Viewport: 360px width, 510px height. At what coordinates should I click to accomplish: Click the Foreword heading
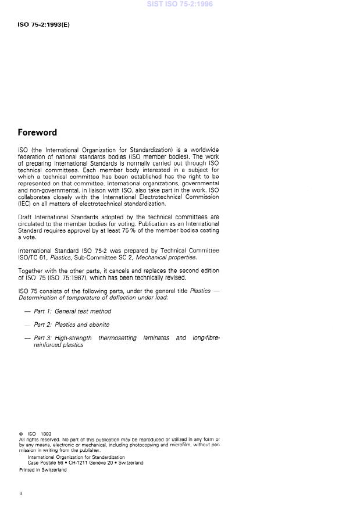tap(37, 133)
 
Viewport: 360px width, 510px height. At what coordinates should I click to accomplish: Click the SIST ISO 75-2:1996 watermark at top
tap(180, 4)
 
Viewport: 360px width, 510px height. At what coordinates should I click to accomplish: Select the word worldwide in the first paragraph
tap(204, 150)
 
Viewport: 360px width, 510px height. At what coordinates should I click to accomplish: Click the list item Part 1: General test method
tap(72, 312)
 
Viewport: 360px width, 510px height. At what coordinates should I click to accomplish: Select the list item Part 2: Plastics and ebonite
tap(72, 325)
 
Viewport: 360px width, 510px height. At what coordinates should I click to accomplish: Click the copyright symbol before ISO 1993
tap(20, 434)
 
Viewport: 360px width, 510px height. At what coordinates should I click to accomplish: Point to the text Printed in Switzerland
tap(42, 470)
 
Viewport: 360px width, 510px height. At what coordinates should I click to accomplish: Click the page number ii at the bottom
tap(20, 493)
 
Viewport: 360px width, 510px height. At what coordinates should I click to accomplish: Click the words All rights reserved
tap(34, 440)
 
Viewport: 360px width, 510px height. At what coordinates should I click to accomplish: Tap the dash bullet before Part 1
tap(27, 312)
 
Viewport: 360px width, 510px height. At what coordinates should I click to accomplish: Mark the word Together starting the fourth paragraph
tap(31, 271)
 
